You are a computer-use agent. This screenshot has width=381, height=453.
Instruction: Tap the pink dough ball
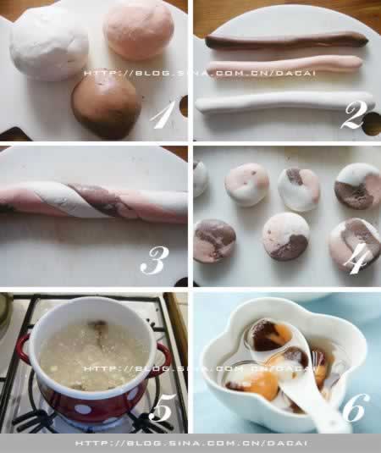139,30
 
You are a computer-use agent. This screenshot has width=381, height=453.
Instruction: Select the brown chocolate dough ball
105,108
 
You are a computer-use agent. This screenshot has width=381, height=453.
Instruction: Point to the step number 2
354,115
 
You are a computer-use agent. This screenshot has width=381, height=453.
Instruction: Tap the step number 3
155,261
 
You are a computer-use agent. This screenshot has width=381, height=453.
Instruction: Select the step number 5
163,407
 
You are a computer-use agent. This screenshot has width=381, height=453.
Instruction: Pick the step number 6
356,407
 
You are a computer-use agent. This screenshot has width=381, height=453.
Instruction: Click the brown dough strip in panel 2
286,40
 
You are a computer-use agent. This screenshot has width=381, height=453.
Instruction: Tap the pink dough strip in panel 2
284,65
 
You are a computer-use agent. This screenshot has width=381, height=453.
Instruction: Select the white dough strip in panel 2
284,103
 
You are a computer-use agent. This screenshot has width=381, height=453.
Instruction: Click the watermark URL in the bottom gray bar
191,443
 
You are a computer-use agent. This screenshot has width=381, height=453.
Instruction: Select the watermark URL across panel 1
199,73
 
